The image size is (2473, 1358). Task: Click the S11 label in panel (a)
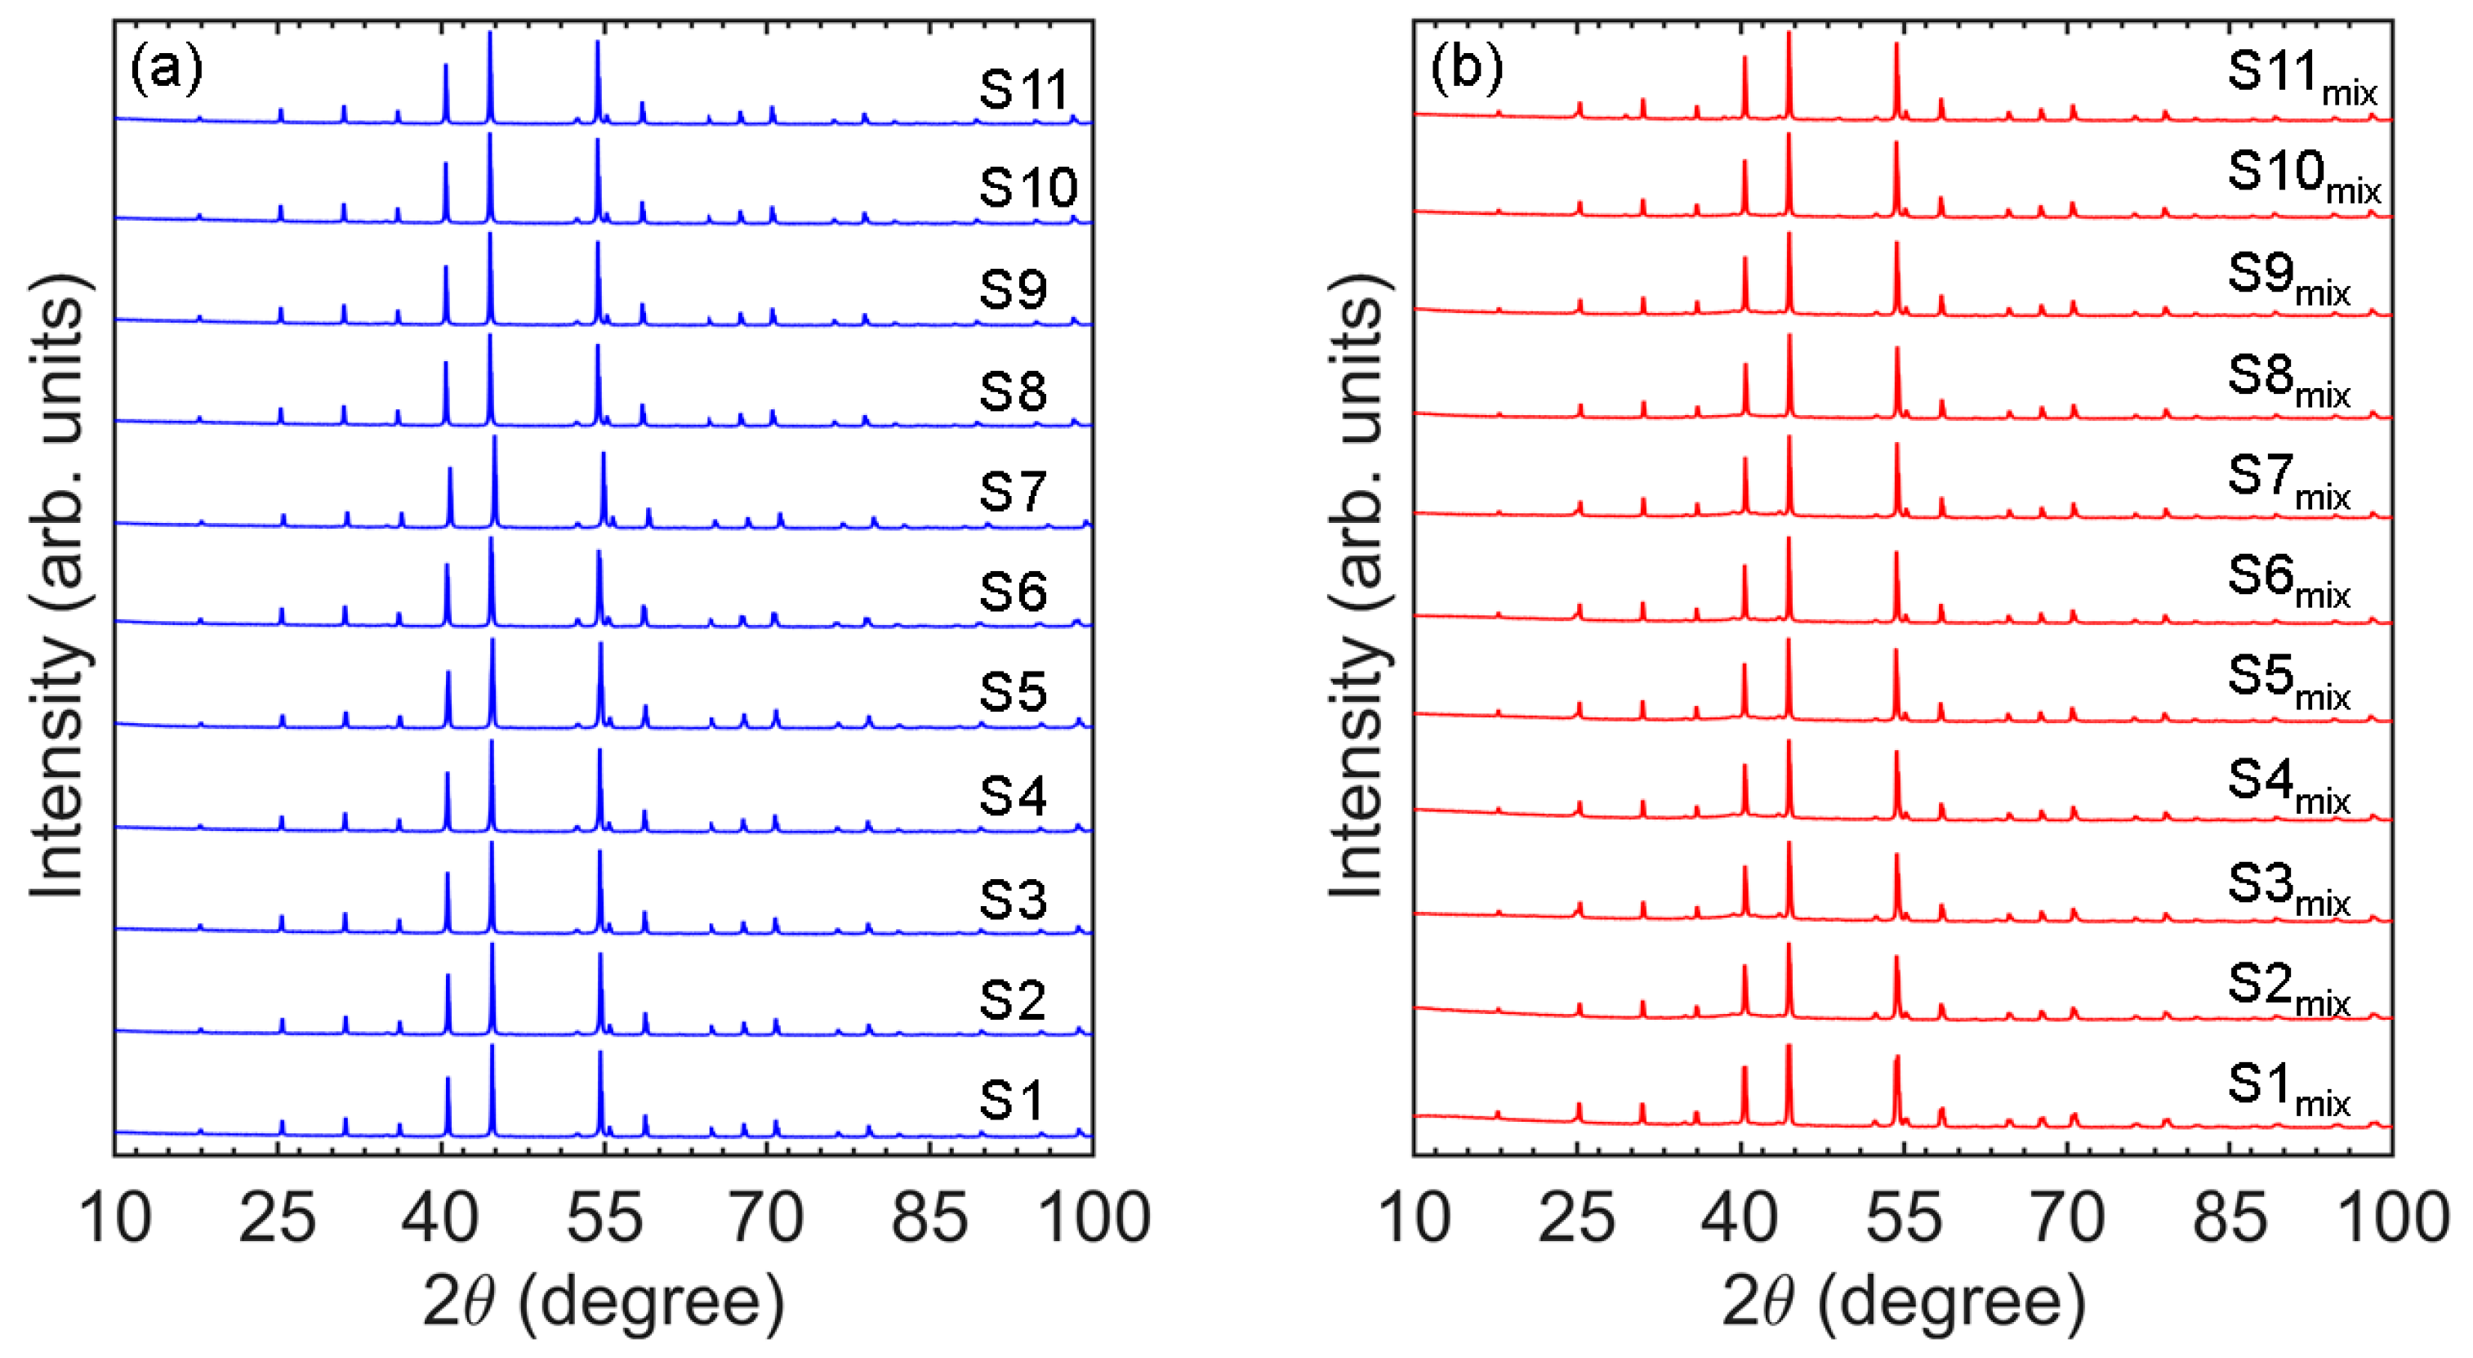pyautogui.click(x=1023, y=89)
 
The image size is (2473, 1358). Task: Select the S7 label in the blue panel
pyautogui.click(x=1012, y=492)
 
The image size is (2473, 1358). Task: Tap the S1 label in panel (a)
pyautogui.click(x=1011, y=1100)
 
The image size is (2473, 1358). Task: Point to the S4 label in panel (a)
pyautogui.click(x=1012, y=796)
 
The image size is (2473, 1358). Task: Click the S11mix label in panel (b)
pyautogui.click(x=2301, y=76)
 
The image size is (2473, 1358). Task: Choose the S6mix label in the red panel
pyautogui.click(x=2288, y=580)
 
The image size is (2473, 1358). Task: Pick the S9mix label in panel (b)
pyautogui.click(x=2288, y=278)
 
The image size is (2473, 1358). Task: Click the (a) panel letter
pyautogui.click(x=167, y=69)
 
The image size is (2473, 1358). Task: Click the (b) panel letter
pyautogui.click(x=1466, y=69)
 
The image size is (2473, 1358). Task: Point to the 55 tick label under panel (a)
pyautogui.click(x=603, y=1217)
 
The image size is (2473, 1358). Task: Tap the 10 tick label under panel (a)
pyautogui.click(x=114, y=1217)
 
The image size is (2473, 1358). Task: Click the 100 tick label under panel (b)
pyautogui.click(x=2392, y=1217)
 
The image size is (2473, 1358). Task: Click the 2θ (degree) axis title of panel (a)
pyautogui.click(x=603, y=1302)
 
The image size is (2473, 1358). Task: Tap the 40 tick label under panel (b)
pyautogui.click(x=1740, y=1217)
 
